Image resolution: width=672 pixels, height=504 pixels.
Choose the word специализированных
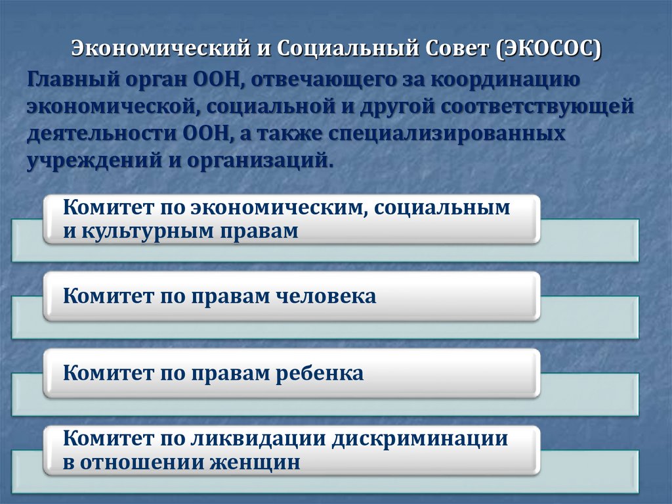click(451, 133)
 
